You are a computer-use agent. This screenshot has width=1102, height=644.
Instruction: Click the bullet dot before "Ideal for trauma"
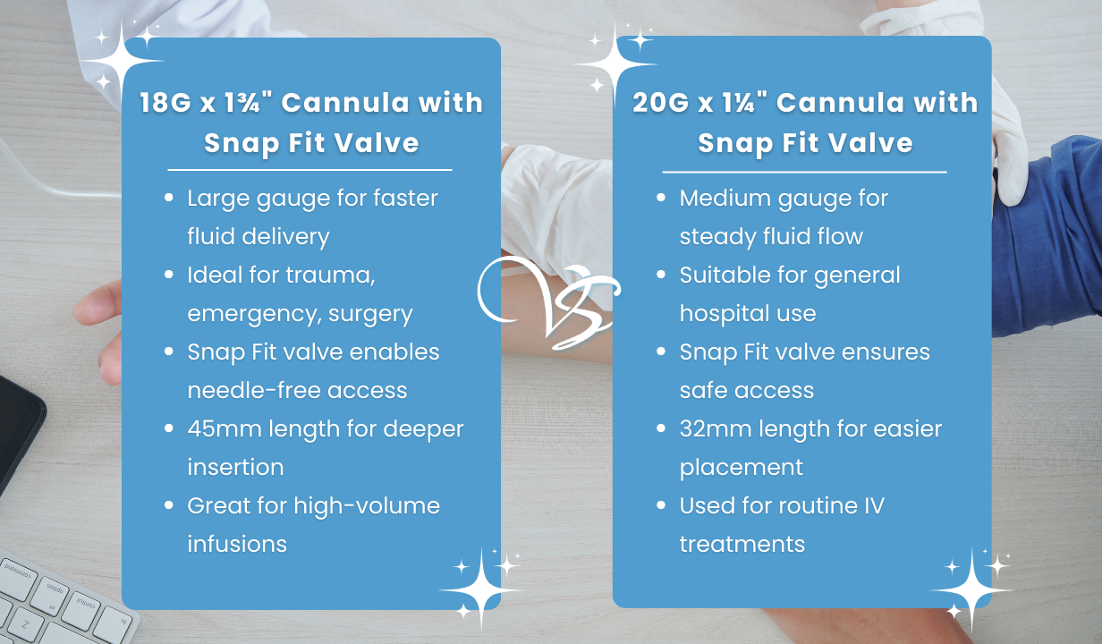pos(168,275)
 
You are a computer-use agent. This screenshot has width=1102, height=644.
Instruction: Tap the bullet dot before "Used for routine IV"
pos(661,506)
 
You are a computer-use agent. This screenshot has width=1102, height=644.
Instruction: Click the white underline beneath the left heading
pos(309,169)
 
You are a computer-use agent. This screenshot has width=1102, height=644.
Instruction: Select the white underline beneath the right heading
pos(803,172)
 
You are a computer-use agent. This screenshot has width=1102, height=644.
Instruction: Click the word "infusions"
pos(237,544)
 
